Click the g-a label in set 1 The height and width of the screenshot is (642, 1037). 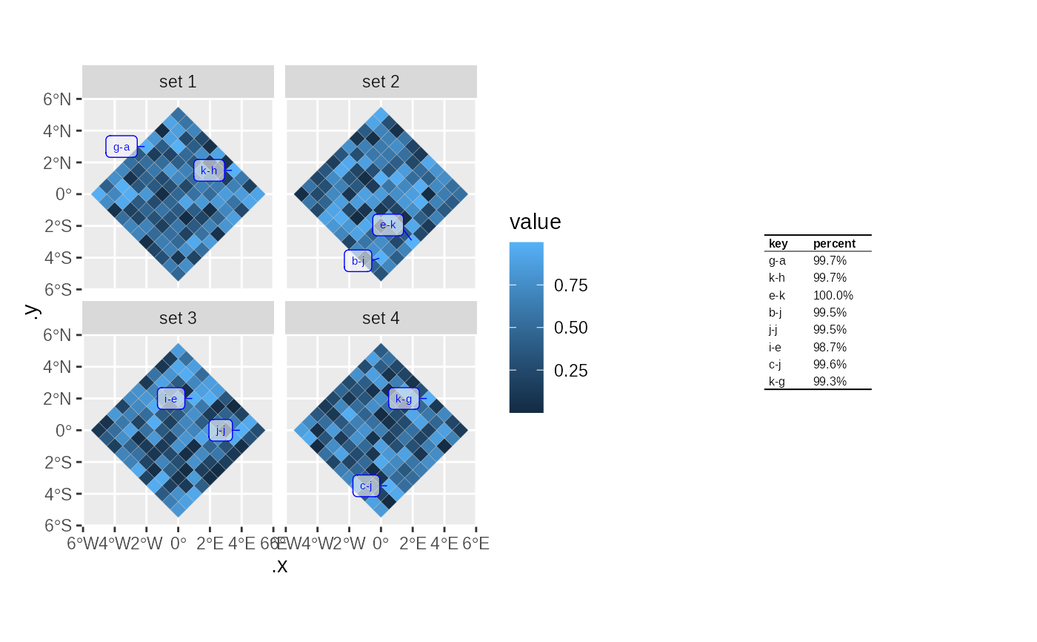coord(121,147)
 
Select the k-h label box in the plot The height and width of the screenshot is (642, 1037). coord(209,171)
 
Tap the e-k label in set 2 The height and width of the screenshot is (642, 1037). coord(388,225)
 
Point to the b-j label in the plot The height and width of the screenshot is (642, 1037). coord(359,261)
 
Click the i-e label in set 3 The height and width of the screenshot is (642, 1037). coord(170,399)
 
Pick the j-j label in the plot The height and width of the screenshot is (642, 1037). coord(220,430)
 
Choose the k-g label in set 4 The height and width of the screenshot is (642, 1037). coord(404,399)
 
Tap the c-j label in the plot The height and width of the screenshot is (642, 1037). coord(366,486)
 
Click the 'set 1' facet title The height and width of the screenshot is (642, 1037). coord(178,82)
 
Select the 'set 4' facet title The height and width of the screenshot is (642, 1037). coord(381,318)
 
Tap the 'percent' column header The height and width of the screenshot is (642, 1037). coord(834,243)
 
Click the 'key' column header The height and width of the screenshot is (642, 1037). coord(778,243)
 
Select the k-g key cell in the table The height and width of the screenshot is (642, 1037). coord(777,382)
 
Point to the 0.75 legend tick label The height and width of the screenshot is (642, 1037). coord(571,285)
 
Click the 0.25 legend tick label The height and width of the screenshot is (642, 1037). coord(571,371)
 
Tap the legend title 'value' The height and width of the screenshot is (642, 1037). coord(535,222)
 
